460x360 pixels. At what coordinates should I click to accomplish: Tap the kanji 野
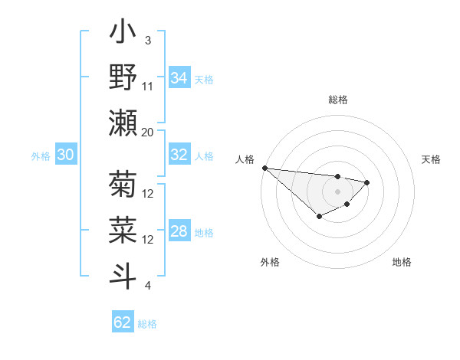tap(123, 78)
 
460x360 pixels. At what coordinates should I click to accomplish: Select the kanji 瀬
tap(123, 123)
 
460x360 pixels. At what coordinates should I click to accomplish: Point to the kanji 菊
tap(123, 185)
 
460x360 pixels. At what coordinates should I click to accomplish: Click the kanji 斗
tap(123, 275)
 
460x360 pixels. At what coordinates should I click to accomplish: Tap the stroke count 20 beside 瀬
tap(148, 132)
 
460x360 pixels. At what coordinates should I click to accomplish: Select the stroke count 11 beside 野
tap(148, 87)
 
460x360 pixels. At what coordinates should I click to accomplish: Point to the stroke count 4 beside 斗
tap(148, 286)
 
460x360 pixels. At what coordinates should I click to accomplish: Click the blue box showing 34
tap(179, 78)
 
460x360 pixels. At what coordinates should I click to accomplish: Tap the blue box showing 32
tap(179, 155)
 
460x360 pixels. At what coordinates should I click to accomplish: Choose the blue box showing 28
tap(179, 232)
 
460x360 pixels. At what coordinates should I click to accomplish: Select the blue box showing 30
tap(65, 155)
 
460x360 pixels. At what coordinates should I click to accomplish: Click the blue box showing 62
tap(123, 322)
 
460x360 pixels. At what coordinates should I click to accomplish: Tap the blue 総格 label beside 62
tap(147, 323)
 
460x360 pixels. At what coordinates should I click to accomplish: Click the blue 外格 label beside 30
tap(41, 156)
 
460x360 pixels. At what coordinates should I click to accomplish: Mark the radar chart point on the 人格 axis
tap(264, 167)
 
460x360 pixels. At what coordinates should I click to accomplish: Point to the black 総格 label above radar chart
tap(337, 100)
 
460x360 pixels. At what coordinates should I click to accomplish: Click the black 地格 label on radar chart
tap(402, 263)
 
